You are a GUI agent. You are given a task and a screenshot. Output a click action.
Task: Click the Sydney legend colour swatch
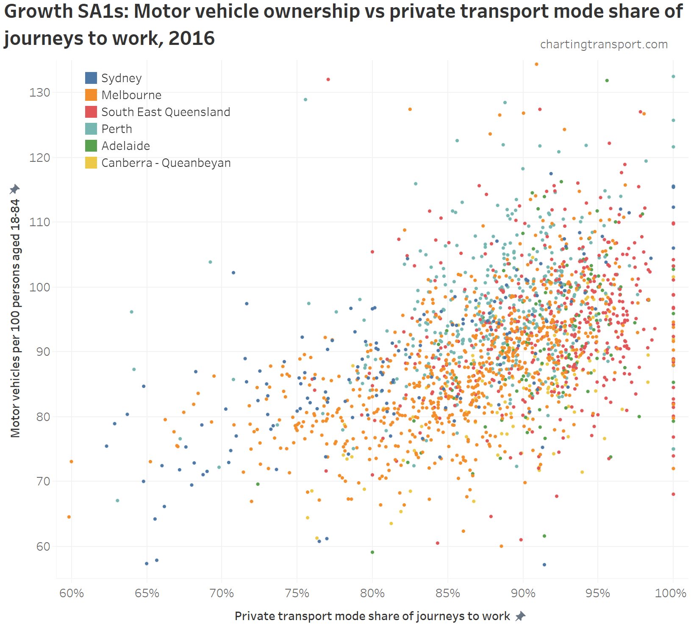pos(91,78)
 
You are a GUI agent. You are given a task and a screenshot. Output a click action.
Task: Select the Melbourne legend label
pos(131,95)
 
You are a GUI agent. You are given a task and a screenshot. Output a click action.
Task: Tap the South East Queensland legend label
pos(166,112)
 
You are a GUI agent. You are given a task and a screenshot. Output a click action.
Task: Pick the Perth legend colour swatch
pos(91,129)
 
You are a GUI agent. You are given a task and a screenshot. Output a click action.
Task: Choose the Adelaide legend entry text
pos(126,146)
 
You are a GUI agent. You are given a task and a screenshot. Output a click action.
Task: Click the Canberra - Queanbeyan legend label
pos(166,163)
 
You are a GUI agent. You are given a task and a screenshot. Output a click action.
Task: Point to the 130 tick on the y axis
pos(39,92)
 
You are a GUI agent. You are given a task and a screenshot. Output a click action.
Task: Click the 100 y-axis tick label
pos(39,287)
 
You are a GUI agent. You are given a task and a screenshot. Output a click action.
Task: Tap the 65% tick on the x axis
pos(147,593)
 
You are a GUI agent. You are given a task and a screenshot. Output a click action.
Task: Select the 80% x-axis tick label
pos(372,593)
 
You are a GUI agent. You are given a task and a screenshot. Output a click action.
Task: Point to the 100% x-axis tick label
pos(671,593)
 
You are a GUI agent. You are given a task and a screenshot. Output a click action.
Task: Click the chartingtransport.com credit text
pos(604,44)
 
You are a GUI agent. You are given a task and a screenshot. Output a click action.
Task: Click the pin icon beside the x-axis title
pos(520,616)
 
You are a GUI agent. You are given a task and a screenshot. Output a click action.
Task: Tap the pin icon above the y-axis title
pos(15,189)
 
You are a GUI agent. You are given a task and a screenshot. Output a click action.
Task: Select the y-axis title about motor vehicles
pos(15,318)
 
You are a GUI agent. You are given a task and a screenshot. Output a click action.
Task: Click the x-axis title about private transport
pos(372,616)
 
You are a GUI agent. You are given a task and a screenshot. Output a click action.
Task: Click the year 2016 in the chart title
pos(191,38)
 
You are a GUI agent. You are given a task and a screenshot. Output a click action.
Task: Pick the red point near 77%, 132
pos(328,80)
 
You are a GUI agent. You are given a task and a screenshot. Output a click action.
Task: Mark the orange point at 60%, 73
pos(71,461)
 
